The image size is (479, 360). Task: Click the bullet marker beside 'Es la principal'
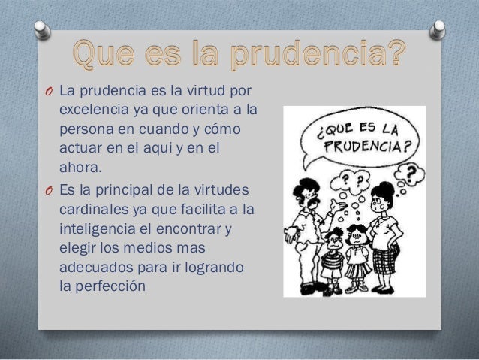pyautogui.click(x=47, y=189)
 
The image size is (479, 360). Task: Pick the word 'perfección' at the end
pyautogui.click(x=113, y=286)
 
